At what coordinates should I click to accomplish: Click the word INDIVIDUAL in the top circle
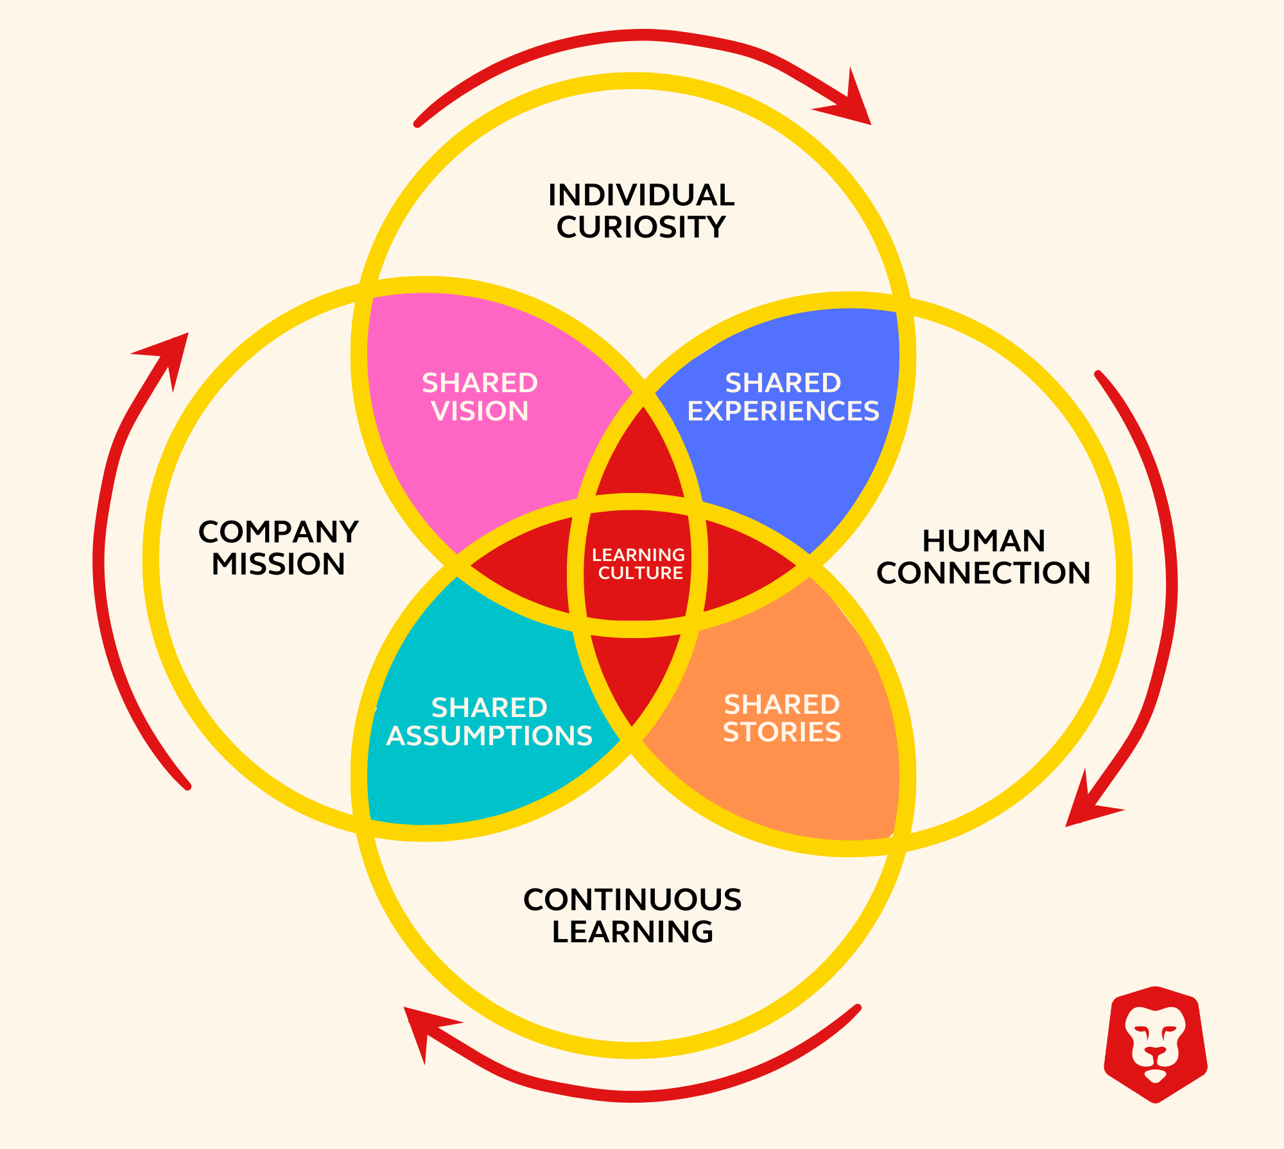[641, 195]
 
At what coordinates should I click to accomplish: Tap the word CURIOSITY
[641, 227]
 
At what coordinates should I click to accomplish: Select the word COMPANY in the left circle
[278, 532]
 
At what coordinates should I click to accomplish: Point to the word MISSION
[278, 564]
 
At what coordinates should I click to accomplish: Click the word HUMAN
[984, 541]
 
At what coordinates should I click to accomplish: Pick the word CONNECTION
[984, 573]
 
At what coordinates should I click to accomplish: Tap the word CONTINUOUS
[632, 900]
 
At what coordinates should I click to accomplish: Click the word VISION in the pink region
[480, 411]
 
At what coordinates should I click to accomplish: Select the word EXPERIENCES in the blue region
[783, 411]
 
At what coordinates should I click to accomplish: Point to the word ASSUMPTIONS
[489, 736]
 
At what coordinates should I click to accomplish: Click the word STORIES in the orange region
[782, 732]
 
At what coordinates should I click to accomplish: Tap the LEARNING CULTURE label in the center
[639, 564]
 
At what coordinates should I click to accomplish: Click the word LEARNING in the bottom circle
[632, 932]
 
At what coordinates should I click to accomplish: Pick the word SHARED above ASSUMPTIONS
[489, 708]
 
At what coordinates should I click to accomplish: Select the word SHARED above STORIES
[782, 705]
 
